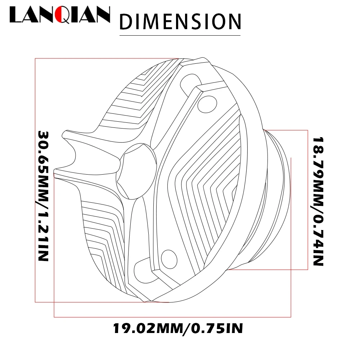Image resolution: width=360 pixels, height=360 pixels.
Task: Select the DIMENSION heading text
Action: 180,22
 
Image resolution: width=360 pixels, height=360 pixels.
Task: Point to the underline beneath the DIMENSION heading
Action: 180,35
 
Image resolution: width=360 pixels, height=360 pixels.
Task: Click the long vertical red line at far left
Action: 35,180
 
